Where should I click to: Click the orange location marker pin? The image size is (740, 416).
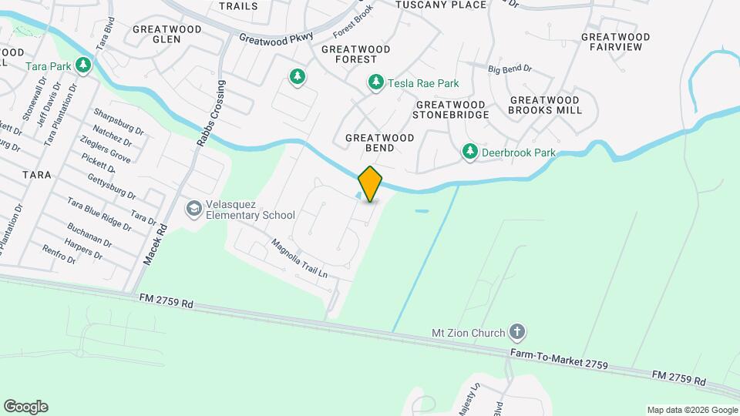[x=370, y=183]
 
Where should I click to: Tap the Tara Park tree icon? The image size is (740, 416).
[x=83, y=66]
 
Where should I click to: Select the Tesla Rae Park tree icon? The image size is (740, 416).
[x=375, y=82]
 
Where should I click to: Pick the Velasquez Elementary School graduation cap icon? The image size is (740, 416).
[x=193, y=208]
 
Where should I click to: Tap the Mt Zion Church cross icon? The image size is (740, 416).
[x=517, y=333]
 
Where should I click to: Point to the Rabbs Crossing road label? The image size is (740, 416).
[x=211, y=113]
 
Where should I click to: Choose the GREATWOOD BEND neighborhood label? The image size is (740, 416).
[x=379, y=143]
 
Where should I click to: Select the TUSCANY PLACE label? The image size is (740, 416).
[x=441, y=5]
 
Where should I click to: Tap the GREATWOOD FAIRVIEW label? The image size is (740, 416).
[x=615, y=42]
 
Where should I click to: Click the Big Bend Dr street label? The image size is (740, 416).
[x=510, y=69]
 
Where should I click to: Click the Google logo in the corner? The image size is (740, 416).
[x=25, y=406]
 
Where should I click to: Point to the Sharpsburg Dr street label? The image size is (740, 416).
[x=119, y=121]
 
